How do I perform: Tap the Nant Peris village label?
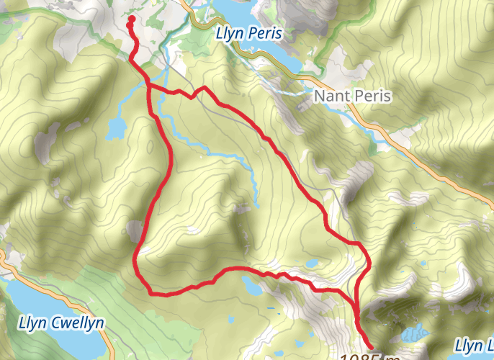(352, 96)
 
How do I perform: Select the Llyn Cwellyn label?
(62, 323)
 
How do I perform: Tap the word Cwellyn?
(76, 323)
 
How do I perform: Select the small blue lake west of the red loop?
(115, 128)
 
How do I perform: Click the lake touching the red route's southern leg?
(251, 285)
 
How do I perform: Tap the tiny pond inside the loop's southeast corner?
(314, 263)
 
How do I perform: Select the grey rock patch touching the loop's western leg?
(135, 231)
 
